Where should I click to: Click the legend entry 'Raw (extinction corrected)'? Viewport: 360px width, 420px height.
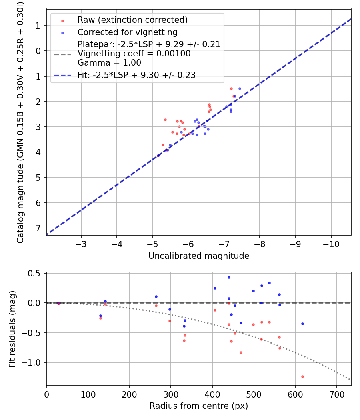pos(132,20)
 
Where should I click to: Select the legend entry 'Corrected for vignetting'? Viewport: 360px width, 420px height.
pos(127,32)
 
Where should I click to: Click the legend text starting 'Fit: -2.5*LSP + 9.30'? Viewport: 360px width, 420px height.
pos(136,75)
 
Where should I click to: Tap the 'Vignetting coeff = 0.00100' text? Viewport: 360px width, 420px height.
pos(134,54)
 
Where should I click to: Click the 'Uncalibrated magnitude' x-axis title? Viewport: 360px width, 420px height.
pos(199,256)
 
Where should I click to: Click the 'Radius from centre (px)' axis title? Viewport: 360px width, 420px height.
pos(199,406)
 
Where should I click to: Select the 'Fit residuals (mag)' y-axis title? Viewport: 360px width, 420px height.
pos(13,328)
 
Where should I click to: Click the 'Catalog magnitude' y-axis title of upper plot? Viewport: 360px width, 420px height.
pos(20,122)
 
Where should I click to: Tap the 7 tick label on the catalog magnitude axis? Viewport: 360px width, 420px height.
pos(39,228)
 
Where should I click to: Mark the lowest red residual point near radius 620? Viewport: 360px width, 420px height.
pos(302,376)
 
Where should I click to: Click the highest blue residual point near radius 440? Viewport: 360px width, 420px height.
pos(229,277)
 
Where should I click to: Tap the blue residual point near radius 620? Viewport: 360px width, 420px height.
pos(302,324)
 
